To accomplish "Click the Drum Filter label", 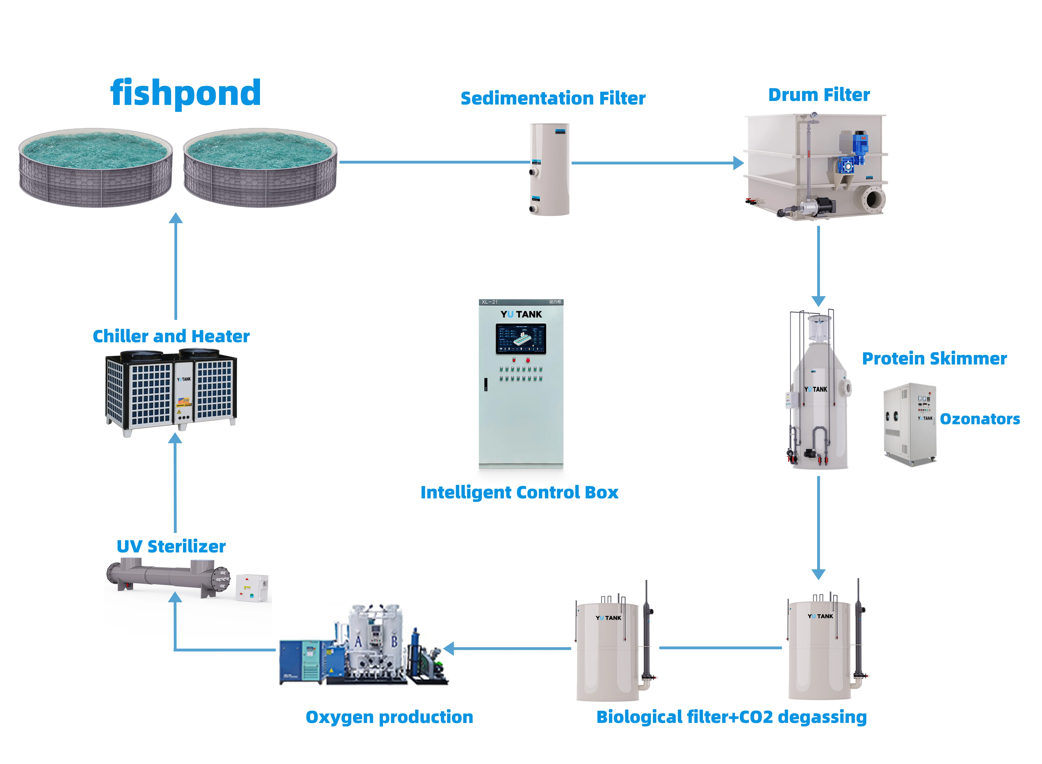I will (819, 95).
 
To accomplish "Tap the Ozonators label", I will (979, 419).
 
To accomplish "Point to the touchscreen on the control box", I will (521, 339).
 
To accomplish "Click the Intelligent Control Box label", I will (519, 493).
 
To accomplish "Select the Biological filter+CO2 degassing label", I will (731, 717).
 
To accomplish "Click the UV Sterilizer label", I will (171, 547).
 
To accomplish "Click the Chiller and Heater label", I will (171, 336).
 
